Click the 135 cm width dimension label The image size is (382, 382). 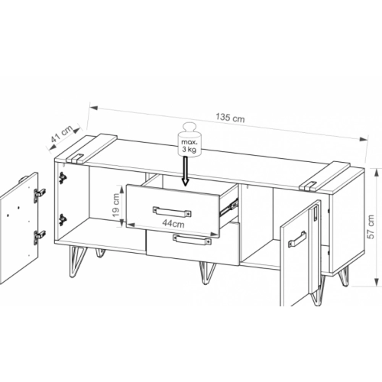pos(230,118)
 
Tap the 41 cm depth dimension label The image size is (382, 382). pos(62,134)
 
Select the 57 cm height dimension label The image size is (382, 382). pos(371,227)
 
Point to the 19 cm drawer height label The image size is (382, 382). pos(116,206)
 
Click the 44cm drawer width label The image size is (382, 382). pos(173,224)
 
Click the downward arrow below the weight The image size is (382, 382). pos(186,171)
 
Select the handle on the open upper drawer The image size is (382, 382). pos(172,212)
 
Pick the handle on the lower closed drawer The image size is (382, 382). pos(192,240)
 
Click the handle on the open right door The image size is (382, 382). pos(297,239)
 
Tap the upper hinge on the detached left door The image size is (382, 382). pos(40,194)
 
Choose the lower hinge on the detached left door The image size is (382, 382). pos(40,237)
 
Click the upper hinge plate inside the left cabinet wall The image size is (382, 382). pos(62,178)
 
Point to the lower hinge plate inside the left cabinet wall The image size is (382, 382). pos(62,220)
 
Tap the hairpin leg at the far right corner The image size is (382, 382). pos(345,276)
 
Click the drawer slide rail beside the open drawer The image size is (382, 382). pos(229,206)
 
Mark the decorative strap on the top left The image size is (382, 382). pos(91,148)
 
